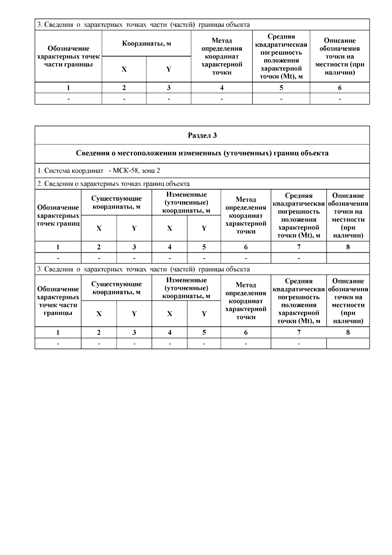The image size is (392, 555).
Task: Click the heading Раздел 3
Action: tap(202, 135)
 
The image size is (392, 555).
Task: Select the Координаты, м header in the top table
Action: tap(146, 43)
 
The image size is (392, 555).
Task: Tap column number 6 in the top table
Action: tap(340, 88)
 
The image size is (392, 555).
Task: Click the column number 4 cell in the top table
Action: tap(222, 88)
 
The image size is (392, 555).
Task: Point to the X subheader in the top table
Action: tap(124, 69)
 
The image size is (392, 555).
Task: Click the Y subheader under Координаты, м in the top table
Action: tap(169, 69)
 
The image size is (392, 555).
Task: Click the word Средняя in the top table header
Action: tap(281, 37)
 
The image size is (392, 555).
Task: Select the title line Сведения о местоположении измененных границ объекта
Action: tap(202, 153)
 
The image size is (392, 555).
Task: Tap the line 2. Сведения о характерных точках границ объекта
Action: tap(113, 184)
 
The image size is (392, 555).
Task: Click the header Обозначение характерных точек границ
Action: tap(58, 215)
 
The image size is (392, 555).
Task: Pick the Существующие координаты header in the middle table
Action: tap(116, 202)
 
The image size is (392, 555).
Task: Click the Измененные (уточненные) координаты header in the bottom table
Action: tap(186, 288)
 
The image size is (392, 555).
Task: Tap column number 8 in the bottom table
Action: tap(348, 332)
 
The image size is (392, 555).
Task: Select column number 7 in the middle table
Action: tap(299, 247)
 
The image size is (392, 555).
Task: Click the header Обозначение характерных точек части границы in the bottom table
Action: tap(58, 301)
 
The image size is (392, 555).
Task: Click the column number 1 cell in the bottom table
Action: tap(58, 332)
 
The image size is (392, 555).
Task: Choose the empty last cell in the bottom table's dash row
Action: tap(348, 344)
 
